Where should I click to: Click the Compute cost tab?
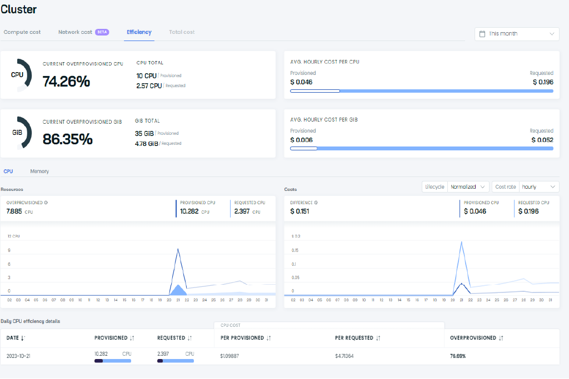(x=22, y=32)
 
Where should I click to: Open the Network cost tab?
(x=75, y=32)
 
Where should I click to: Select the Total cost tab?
(x=182, y=32)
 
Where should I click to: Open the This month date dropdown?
(x=517, y=34)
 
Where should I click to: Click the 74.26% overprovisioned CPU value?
(x=66, y=82)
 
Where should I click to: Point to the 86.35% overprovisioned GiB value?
(x=67, y=139)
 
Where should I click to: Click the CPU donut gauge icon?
(x=18, y=75)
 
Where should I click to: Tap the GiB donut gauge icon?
(x=18, y=133)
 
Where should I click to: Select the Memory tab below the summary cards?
(x=39, y=171)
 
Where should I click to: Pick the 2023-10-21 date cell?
(x=18, y=356)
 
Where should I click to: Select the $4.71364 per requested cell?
(x=348, y=356)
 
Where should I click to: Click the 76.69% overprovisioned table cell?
(x=458, y=356)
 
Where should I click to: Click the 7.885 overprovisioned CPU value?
(x=14, y=211)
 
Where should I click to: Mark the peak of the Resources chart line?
(x=178, y=249)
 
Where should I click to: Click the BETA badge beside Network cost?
(x=102, y=32)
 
